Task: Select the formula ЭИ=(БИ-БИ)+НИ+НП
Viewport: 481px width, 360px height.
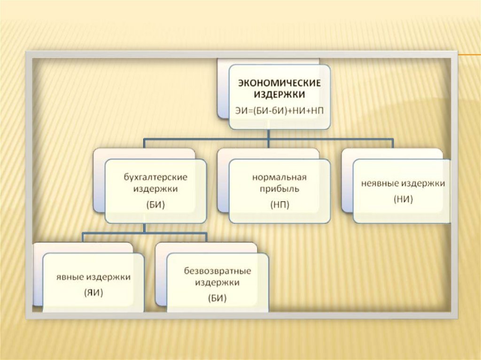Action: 279,110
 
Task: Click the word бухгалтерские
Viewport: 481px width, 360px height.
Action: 155,177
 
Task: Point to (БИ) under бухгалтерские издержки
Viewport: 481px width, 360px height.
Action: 155,205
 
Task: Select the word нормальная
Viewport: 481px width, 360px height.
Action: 279,177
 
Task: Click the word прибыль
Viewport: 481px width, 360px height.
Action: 279,189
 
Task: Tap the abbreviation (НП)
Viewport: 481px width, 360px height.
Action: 279,205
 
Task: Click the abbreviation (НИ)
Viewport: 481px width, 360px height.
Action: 403,199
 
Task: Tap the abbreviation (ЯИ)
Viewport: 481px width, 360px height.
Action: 93,293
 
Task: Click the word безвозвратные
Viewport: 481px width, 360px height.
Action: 217,271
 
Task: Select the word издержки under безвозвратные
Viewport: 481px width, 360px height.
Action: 217,283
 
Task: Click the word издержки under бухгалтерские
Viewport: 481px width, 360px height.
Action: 155,189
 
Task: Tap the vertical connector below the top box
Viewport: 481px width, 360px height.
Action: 268,135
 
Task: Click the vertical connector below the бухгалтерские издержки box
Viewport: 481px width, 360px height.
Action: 145,228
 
